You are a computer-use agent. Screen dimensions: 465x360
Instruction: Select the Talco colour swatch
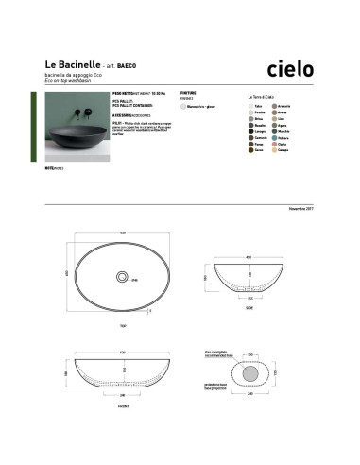pos(251,107)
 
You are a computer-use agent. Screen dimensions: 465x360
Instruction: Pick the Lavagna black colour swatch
pos(251,132)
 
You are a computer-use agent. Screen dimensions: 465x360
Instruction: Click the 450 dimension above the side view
pos(248,256)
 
